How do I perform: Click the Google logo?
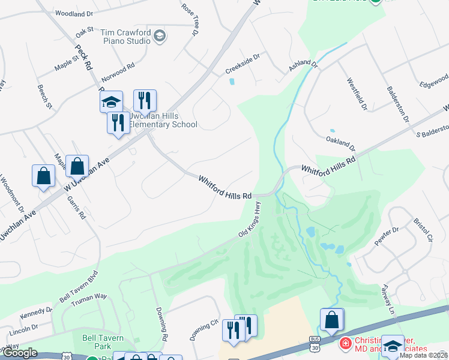coord(20,353)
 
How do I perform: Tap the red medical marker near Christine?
coord(345,344)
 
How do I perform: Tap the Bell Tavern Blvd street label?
coord(77,288)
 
